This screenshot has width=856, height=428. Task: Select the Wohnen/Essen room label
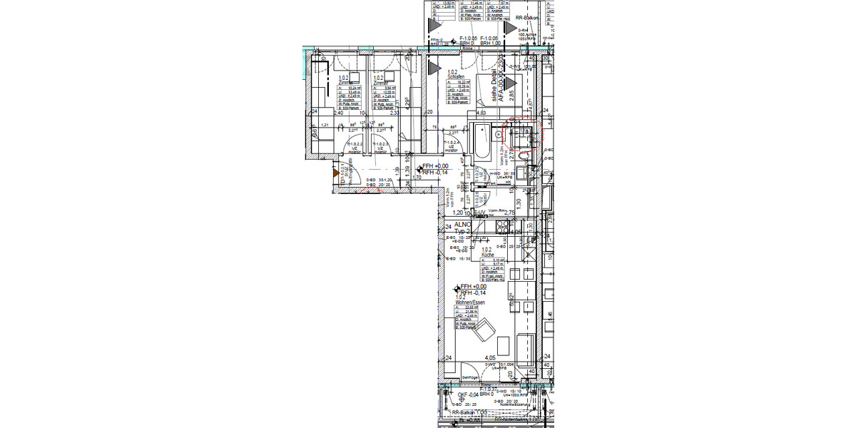[470, 302]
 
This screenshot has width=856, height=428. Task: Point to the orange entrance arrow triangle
[335, 172]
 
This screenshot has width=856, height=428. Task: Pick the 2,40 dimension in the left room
[338, 113]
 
